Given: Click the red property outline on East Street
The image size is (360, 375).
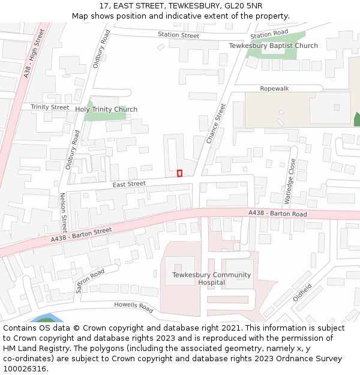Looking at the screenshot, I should (x=179, y=173).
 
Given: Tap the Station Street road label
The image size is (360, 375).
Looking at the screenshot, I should (x=178, y=35).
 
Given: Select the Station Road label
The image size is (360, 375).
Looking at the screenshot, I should (x=269, y=34).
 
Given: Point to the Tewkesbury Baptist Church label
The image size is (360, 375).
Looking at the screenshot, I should (x=274, y=46).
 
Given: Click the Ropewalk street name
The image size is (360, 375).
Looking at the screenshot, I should (x=274, y=89).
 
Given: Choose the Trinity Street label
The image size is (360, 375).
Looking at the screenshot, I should (x=50, y=107).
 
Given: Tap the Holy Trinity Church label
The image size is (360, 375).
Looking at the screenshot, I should (x=106, y=109).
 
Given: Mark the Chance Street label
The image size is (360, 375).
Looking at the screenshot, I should (x=216, y=124).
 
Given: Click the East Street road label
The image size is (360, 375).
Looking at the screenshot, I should (x=129, y=184).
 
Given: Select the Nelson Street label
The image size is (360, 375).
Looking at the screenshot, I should (x=64, y=213).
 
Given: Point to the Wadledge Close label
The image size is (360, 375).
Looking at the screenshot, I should (x=290, y=181).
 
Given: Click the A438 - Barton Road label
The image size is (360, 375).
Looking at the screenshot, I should (x=278, y=214).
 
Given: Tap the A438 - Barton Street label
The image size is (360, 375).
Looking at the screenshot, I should (x=81, y=235).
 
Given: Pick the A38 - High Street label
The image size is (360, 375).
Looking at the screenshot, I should (x=34, y=53).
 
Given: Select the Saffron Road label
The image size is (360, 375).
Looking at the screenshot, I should (x=90, y=280).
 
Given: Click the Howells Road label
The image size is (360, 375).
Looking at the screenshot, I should (x=134, y=306).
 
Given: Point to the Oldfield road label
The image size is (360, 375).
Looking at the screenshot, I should (x=302, y=292).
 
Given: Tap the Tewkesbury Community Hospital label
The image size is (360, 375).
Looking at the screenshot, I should (x=203, y=279).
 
